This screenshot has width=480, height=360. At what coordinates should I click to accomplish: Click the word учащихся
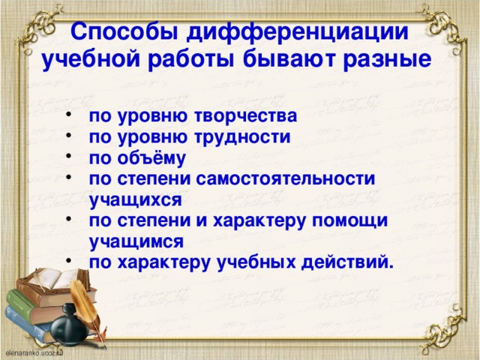click(136, 199)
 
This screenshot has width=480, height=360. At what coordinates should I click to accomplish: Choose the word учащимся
click(136, 241)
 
